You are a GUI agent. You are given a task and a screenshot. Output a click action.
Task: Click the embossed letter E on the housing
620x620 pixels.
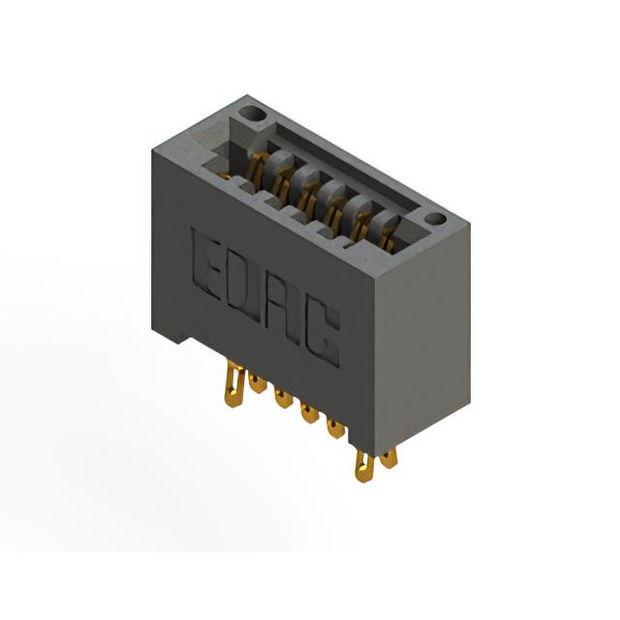pos(204,263)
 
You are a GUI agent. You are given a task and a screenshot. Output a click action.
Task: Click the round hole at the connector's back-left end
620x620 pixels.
pos(252,114)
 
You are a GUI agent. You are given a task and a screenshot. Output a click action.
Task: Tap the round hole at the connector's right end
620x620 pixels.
pos(436,219)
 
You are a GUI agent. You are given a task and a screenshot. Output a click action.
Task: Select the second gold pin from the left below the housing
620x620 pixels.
pos(258,384)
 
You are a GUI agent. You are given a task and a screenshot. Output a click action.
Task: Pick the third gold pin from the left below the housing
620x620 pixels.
pos(284,398)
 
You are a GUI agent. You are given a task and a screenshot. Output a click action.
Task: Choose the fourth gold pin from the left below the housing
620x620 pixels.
pos(310,413)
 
